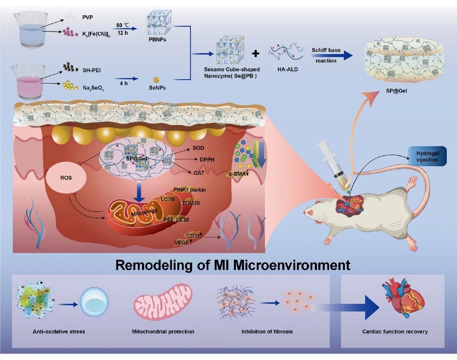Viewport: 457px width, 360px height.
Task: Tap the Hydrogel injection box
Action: pyautogui.click(x=427, y=156)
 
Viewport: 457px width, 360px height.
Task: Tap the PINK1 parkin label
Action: pyautogui.click(x=190, y=190)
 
